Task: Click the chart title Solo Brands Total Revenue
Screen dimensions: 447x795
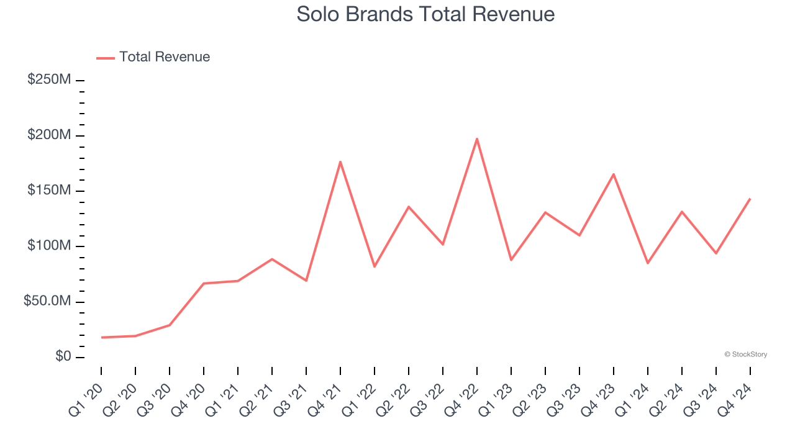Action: tap(425, 14)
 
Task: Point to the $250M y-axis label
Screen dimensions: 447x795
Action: tap(49, 80)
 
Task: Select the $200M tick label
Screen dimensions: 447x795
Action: tap(49, 135)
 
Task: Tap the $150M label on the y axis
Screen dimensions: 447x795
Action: tap(49, 191)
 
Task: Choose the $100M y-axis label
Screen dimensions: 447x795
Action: tap(49, 246)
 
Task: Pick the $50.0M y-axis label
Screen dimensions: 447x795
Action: tap(47, 301)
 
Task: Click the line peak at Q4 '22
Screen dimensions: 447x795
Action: tap(477, 138)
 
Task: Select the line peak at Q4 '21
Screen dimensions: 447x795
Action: tap(340, 161)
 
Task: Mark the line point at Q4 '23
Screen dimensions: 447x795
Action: tap(614, 174)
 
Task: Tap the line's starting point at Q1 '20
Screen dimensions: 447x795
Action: tap(101, 337)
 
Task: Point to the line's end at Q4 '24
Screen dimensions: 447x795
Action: tap(750, 199)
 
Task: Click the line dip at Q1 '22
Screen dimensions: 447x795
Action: tap(375, 267)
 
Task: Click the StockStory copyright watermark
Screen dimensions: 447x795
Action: tap(745, 354)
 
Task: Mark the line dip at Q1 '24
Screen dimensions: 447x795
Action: tap(648, 263)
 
